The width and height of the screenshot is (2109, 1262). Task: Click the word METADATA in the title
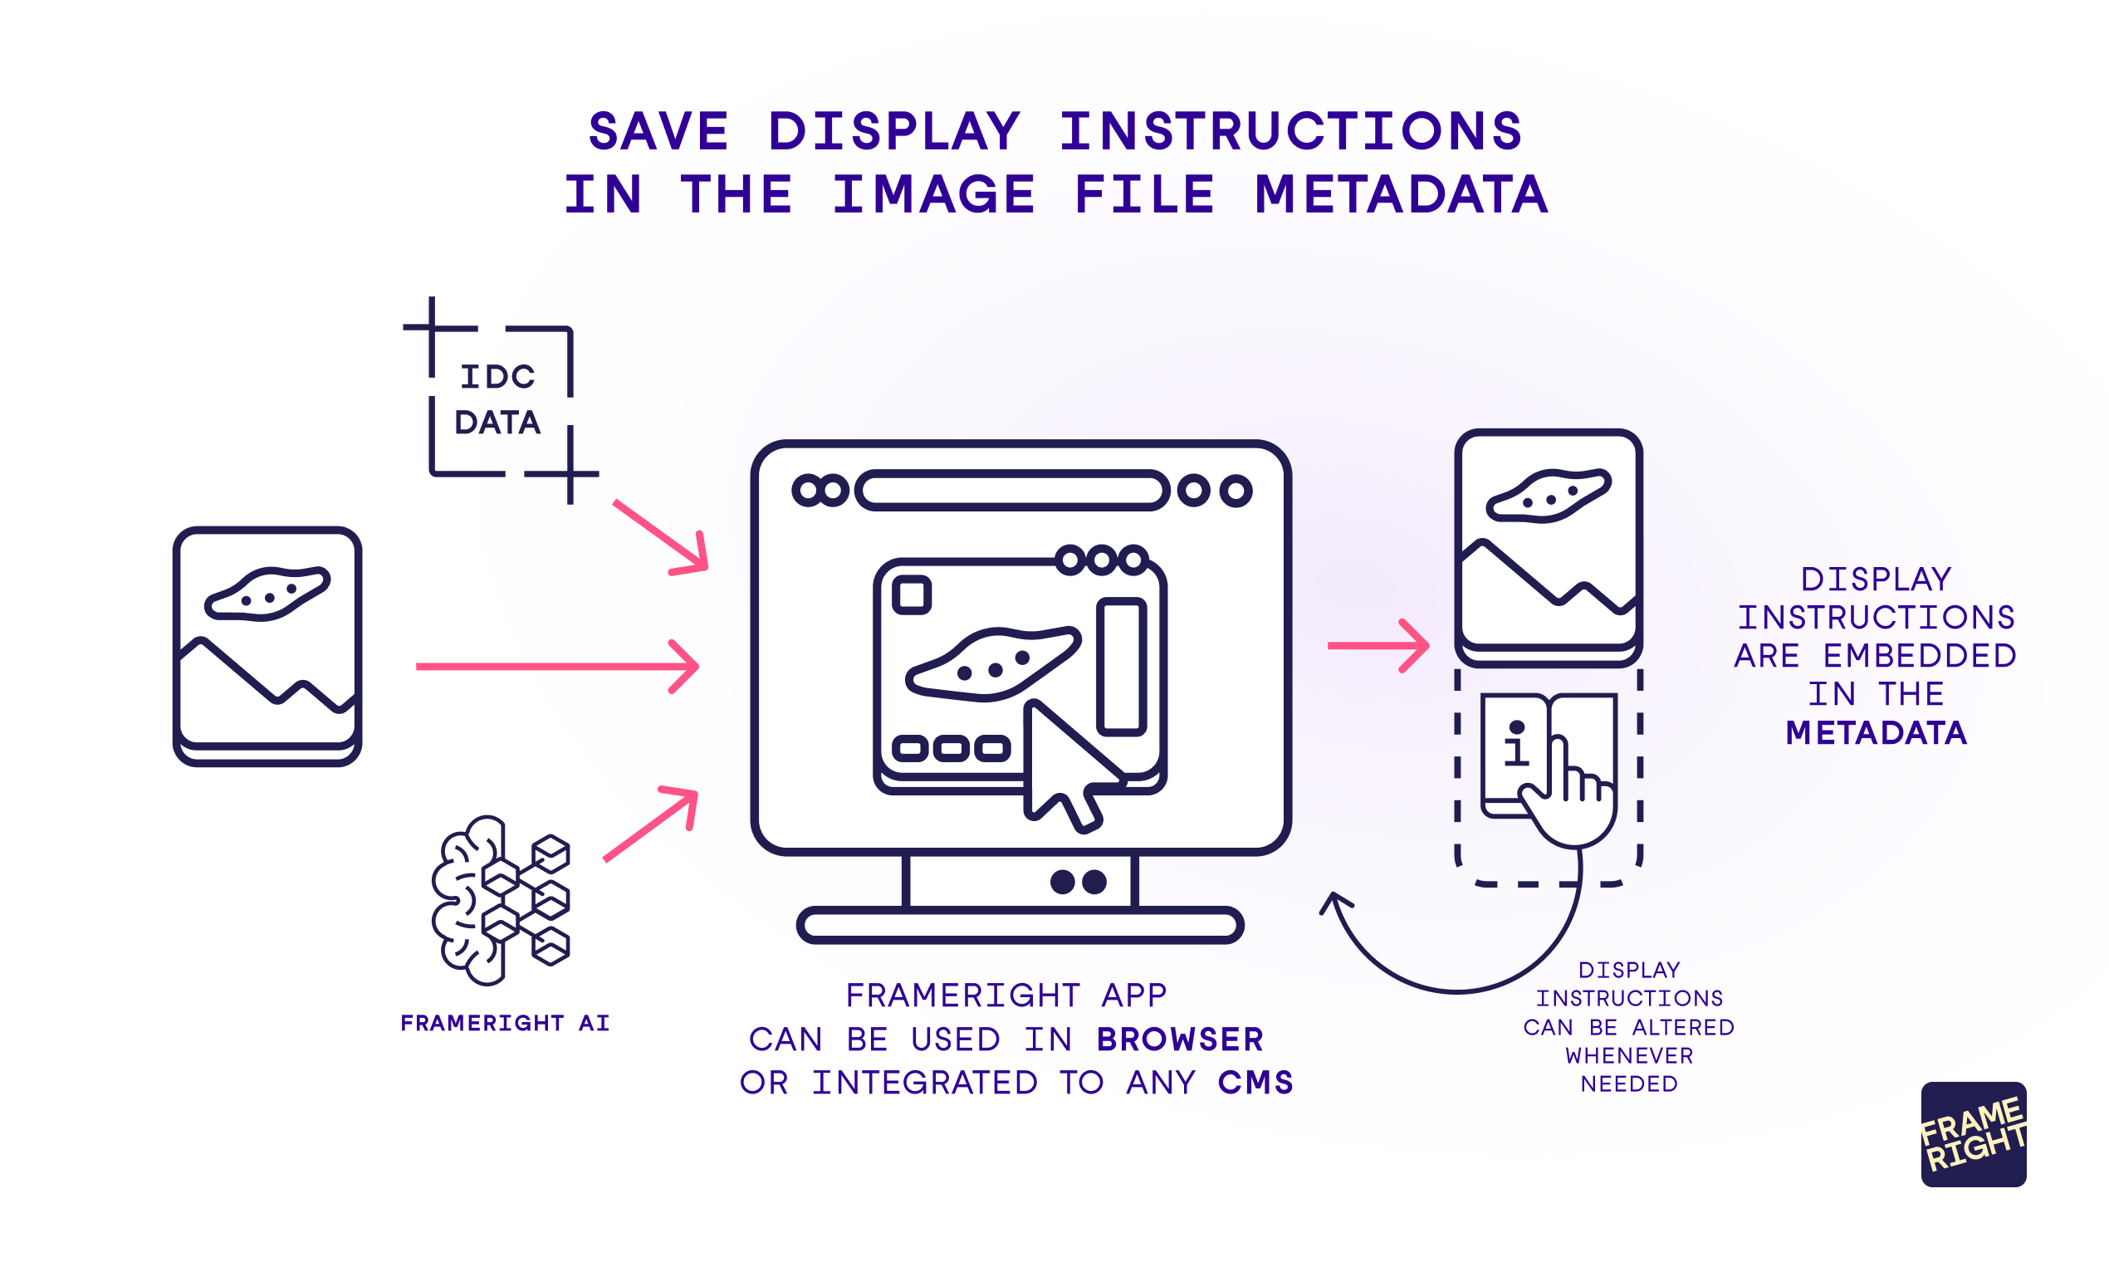tap(1401, 195)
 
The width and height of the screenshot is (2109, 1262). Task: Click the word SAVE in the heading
tap(658, 132)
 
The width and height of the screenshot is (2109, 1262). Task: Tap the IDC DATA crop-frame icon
tap(499, 400)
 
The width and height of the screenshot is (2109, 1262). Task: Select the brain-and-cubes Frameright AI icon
tap(501, 901)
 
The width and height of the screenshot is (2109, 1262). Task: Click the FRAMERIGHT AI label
tap(505, 1023)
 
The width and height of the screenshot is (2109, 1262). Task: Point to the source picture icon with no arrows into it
tap(267, 645)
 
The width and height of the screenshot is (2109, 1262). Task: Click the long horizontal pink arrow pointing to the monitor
tap(557, 667)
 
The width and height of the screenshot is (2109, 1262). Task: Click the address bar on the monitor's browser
tap(1012, 491)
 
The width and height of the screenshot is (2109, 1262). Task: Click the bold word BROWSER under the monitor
tap(1180, 1039)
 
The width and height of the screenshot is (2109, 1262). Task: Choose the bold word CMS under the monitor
tap(1255, 1083)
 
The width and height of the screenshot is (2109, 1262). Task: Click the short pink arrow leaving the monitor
tap(1377, 646)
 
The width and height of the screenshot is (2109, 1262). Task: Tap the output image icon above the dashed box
tap(1548, 548)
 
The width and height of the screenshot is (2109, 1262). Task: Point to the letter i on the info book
tap(1516, 743)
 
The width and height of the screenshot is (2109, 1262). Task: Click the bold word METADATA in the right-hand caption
tap(1876, 733)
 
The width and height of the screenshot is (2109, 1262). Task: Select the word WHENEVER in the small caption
tap(1628, 1056)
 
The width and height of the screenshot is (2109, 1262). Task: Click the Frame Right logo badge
tap(1973, 1134)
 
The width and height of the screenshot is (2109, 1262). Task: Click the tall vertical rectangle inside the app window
tap(1122, 667)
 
